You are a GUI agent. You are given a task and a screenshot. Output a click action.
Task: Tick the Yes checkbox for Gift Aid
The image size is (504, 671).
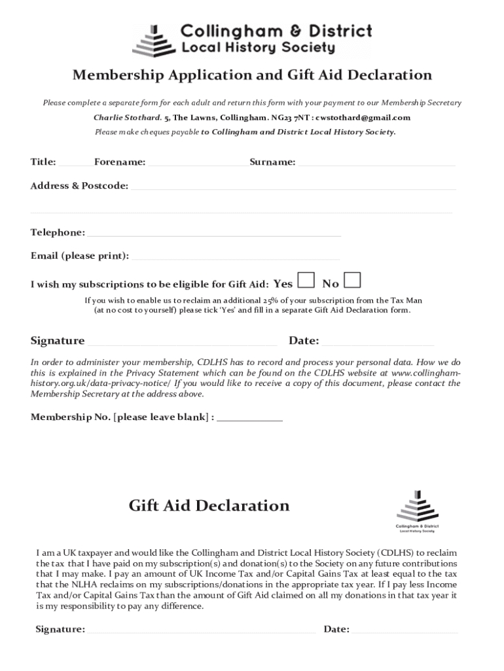(305, 280)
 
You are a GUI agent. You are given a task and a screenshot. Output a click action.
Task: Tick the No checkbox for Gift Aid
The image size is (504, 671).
(352, 280)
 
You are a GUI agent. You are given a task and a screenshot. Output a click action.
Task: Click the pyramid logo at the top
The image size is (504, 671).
(154, 41)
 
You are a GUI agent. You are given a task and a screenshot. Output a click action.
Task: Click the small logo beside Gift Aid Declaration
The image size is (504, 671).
(417, 507)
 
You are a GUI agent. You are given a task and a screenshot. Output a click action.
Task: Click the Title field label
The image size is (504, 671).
(43, 162)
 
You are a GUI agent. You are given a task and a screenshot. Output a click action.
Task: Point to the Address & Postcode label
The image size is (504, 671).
(79, 186)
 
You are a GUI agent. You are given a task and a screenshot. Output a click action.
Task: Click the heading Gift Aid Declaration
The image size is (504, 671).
(209, 506)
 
